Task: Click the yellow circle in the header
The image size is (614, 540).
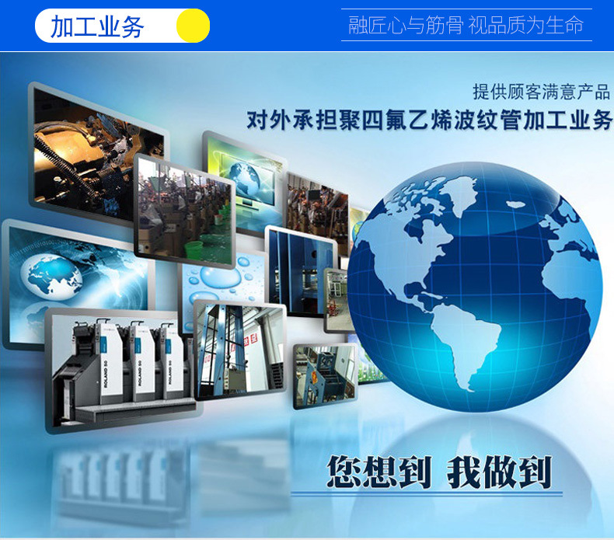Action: point(193,26)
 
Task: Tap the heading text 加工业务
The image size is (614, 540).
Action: point(97,26)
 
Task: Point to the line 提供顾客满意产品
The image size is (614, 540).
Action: point(541,91)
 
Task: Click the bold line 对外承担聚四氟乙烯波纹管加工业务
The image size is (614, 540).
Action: point(430,121)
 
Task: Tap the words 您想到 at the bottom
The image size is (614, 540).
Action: point(378,472)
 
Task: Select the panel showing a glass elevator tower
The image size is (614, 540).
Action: point(237,350)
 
